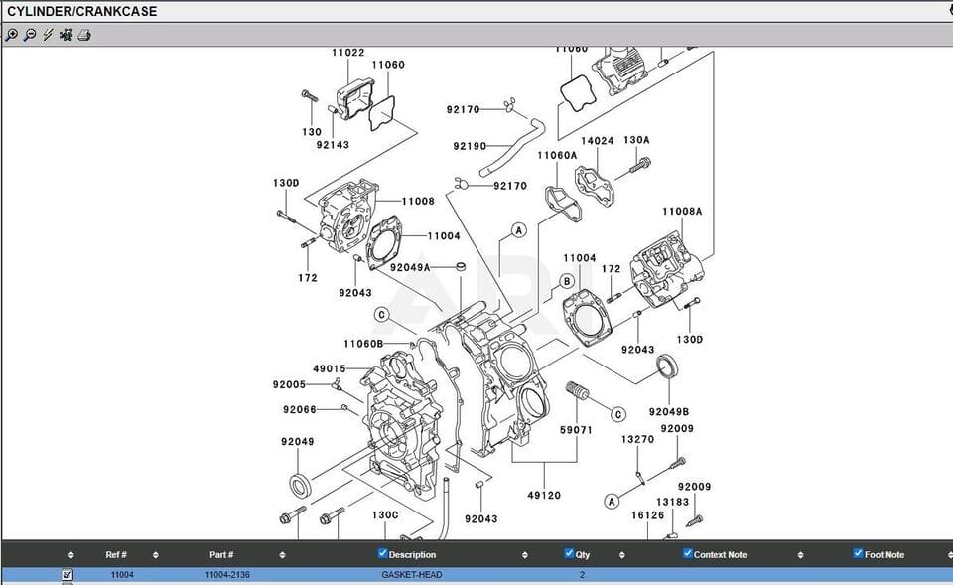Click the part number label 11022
[348, 53]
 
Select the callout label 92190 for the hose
[470, 146]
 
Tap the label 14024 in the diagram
[597, 141]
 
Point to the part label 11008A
[682, 212]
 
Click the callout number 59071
[576, 430]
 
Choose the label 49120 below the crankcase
[545, 495]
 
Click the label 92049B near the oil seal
[669, 411]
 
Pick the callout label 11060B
[363, 344]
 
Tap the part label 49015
[329, 368]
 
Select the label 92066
[299, 410]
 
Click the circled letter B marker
[568, 281]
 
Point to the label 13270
[637, 439]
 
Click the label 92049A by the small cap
[410, 267]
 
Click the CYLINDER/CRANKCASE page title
[82, 12]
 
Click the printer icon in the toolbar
[85, 35]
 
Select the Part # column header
[221, 554]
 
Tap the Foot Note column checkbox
[858, 553]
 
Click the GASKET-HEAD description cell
[412, 575]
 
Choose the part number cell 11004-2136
[226, 575]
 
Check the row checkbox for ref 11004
[68, 575]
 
